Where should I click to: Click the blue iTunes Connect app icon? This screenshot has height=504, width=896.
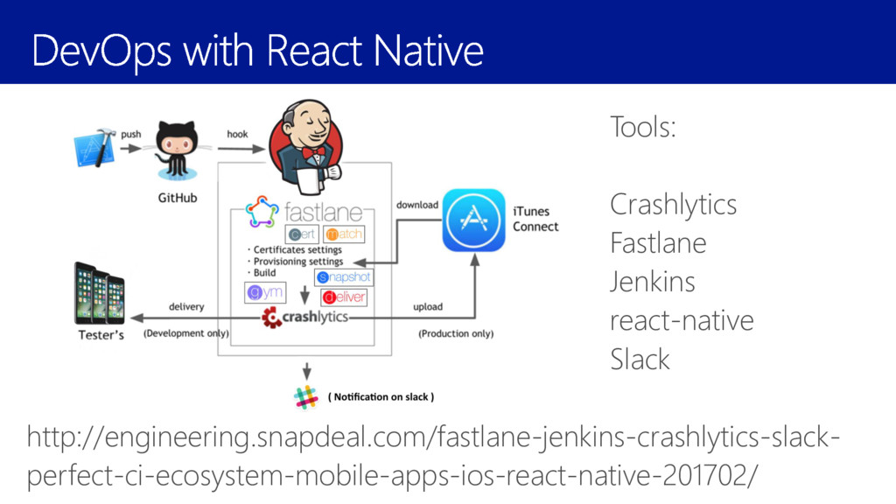click(x=473, y=220)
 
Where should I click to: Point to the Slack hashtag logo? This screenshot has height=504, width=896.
click(x=306, y=396)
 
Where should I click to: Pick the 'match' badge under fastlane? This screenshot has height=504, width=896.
click(x=343, y=234)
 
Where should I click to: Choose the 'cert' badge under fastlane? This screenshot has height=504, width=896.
click(x=302, y=234)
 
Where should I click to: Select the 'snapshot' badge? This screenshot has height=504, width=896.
click(x=344, y=276)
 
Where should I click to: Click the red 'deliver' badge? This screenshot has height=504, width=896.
click(x=344, y=297)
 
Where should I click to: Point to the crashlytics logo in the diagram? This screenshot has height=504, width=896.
click(x=305, y=318)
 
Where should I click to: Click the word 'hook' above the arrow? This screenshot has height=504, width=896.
click(x=237, y=134)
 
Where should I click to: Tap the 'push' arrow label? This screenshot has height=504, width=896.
click(x=131, y=134)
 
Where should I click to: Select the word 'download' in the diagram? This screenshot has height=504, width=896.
click(x=417, y=205)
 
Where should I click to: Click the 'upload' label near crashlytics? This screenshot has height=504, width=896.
click(x=428, y=306)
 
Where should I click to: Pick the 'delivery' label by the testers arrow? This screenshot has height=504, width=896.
click(x=186, y=306)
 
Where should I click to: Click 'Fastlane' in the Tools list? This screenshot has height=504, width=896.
click(x=658, y=242)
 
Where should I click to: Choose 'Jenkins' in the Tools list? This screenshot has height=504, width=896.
click(x=653, y=282)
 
